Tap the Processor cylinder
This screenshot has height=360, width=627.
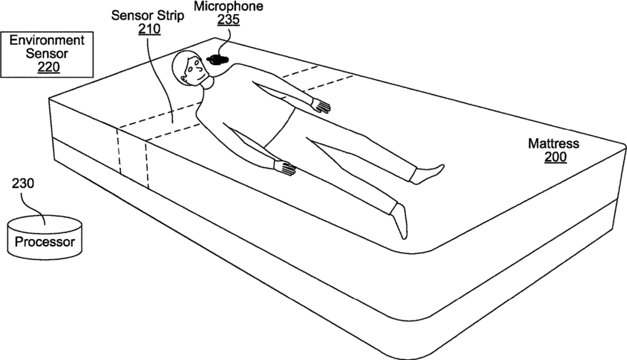point(44,235)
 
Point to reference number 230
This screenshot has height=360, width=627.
point(22,182)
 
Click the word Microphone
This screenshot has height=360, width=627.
point(228,7)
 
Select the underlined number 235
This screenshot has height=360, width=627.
point(228,20)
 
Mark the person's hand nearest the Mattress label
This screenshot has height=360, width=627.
point(321,105)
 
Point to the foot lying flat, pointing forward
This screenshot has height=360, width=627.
point(400,221)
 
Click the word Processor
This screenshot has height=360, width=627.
point(45,243)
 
